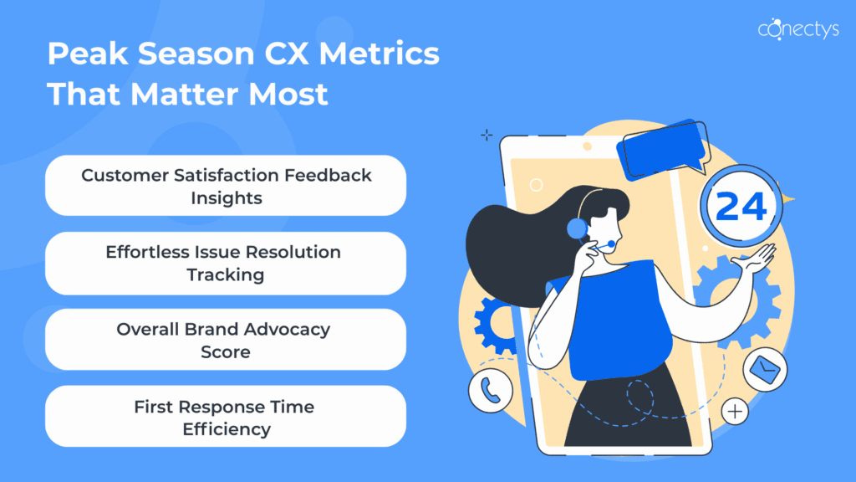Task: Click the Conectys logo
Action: point(798,28)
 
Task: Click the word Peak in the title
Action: point(87,54)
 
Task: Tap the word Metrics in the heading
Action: point(379,54)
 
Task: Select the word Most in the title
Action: point(288,94)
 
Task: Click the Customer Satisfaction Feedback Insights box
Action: point(226,186)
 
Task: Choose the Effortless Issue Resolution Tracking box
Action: point(226,264)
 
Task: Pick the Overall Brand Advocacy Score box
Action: point(226,340)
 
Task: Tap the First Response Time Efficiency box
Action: point(226,417)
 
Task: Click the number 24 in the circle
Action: point(741,207)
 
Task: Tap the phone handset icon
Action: point(490,391)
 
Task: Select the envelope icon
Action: point(765,369)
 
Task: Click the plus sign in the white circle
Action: point(735,412)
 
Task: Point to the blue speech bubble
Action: point(663,149)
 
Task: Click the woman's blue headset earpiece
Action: point(577,228)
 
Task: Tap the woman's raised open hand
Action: point(756,258)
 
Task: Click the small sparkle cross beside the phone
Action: point(487,135)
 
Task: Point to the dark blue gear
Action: point(495,326)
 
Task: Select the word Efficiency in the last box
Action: point(226,429)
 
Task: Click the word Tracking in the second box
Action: point(226,274)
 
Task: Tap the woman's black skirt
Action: point(628,408)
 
